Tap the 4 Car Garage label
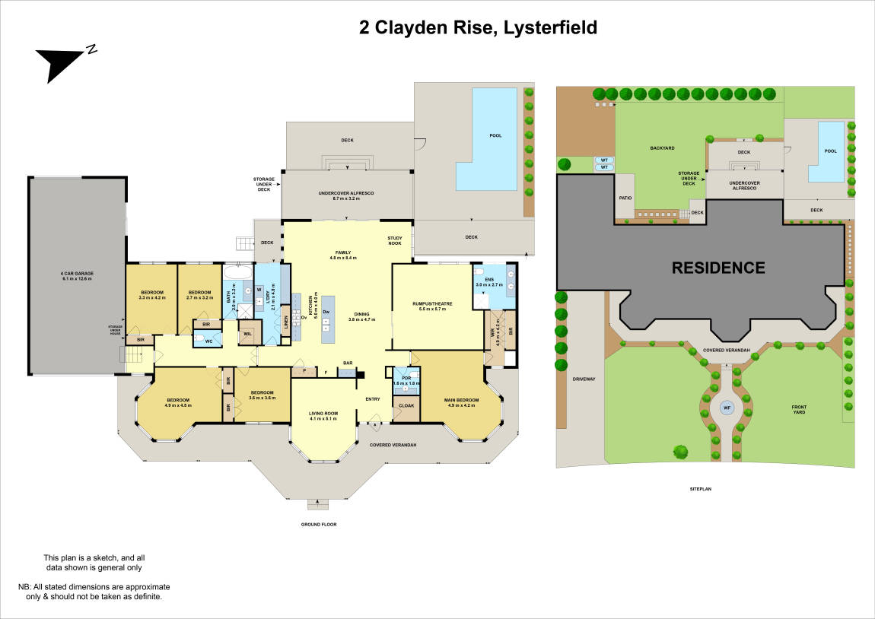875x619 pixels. click(76, 275)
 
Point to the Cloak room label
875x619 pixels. click(406, 406)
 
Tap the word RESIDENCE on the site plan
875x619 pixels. click(717, 268)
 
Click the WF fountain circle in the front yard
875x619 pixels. click(726, 408)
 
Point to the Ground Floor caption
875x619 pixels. click(319, 524)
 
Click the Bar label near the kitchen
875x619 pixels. click(347, 363)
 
